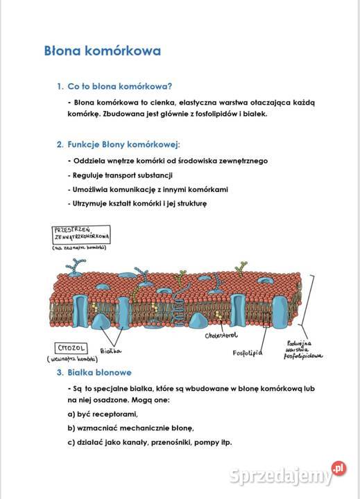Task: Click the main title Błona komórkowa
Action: (x=102, y=51)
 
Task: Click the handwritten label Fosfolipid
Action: (x=247, y=352)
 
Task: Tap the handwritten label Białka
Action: (x=111, y=351)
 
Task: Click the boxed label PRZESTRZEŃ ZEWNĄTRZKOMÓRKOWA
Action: (x=81, y=234)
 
